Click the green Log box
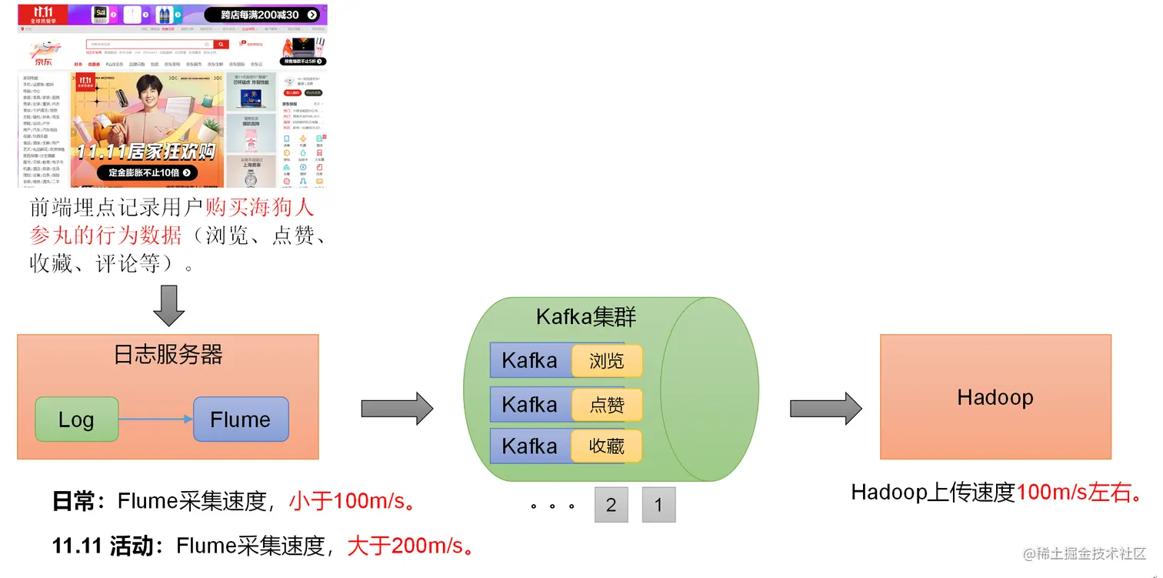[x=76, y=419]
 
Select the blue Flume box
[x=241, y=419]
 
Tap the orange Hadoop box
[x=995, y=397]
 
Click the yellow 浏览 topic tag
[x=606, y=360]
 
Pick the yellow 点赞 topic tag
[x=606, y=405]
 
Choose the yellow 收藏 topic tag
[x=606, y=446]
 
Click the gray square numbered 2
[x=611, y=505]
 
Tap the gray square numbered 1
[x=658, y=505]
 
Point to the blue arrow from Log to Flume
[x=155, y=419]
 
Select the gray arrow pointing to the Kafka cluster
[x=398, y=408]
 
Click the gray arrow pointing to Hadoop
[x=826, y=408]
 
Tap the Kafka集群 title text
[x=586, y=316]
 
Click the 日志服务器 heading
[x=168, y=355]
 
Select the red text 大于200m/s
[x=410, y=546]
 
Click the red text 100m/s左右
[x=1080, y=493]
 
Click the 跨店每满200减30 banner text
[x=260, y=15]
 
